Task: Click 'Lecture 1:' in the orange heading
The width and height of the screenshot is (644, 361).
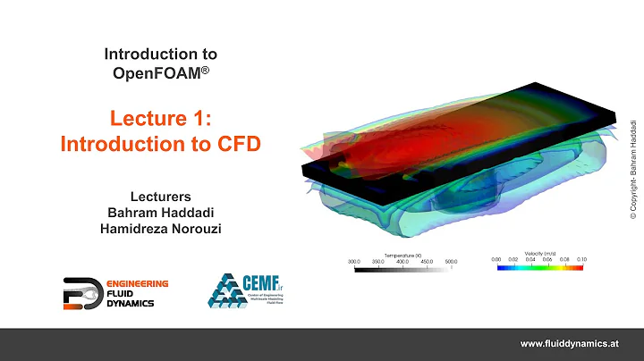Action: [x=160, y=117]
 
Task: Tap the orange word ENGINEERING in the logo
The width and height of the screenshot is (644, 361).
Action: [x=125, y=283]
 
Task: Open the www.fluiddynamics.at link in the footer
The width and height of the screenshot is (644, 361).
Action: [x=570, y=344]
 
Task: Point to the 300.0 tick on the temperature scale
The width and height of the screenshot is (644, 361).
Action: [x=353, y=262]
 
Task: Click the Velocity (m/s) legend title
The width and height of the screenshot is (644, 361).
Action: [x=538, y=253]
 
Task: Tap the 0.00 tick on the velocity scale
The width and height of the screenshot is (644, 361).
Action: [x=497, y=260]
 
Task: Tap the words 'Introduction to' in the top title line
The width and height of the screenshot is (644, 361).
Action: [x=161, y=55]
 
